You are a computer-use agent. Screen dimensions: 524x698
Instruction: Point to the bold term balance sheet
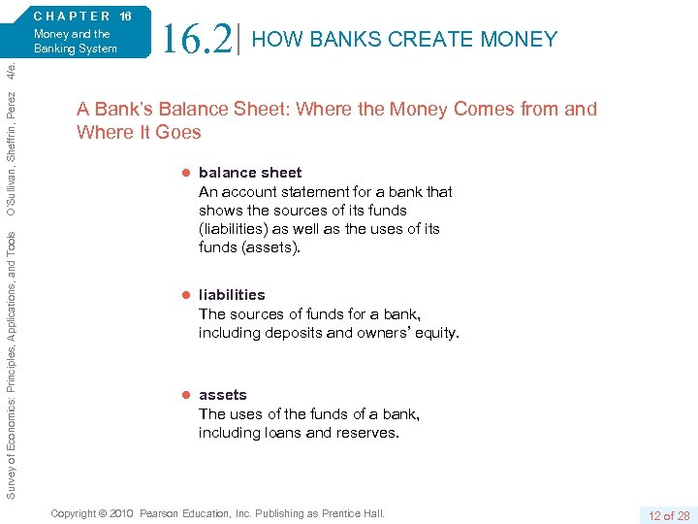(x=250, y=173)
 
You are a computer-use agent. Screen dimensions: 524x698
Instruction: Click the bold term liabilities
(x=232, y=295)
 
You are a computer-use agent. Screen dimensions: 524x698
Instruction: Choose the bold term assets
(x=223, y=395)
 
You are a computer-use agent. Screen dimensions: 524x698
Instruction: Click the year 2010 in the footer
(x=122, y=513)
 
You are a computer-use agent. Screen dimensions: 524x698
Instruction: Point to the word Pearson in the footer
(x=161, y=513)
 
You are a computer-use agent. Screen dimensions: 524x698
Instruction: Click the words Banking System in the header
(x=76, y=49)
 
